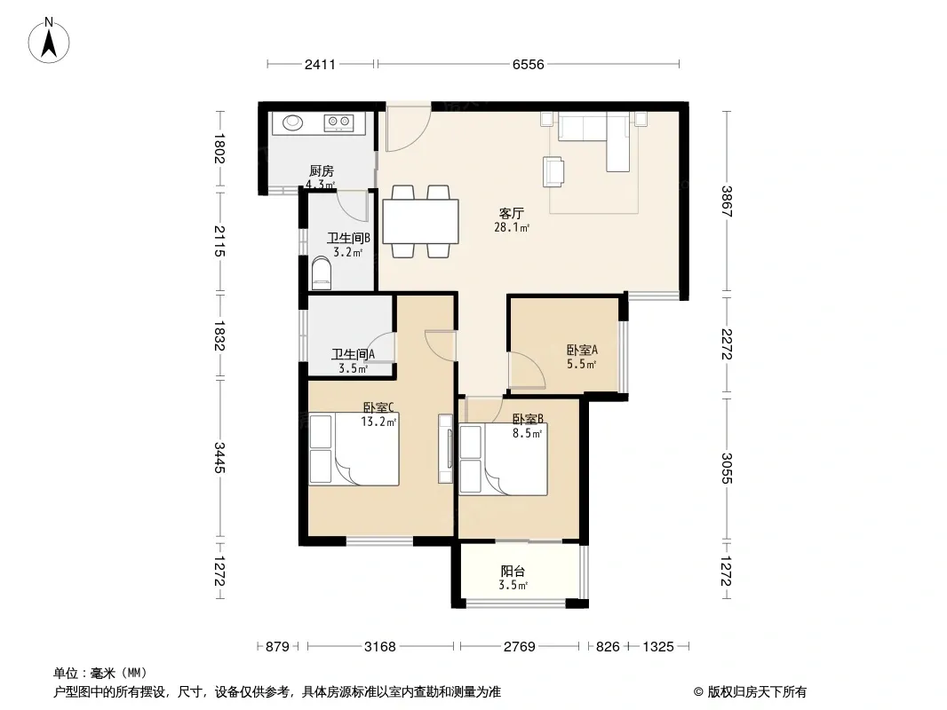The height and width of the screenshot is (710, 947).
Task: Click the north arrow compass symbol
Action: coord(49,41)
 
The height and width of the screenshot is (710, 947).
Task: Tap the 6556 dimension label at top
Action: coord(528,64)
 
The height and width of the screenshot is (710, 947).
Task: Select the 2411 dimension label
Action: coord(320,64)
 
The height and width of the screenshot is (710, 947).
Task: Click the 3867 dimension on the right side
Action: coord(726,201)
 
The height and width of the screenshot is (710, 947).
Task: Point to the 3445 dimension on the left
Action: coord(219,458)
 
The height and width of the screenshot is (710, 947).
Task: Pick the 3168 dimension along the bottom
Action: coord(380,647)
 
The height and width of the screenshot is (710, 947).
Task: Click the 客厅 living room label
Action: coord(511,213)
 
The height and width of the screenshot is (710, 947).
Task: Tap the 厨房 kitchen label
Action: coord(322,171)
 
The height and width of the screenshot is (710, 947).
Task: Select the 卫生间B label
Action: coord(348,238)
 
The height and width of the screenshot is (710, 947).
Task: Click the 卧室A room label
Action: coord(582,350)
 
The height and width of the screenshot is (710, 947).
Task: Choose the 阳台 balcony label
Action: coord(513,571)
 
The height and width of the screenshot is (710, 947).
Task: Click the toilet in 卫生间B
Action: coord(322,273)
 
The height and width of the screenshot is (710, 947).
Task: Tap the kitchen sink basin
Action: coord(293,122)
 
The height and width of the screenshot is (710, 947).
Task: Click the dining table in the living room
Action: coord(420,221)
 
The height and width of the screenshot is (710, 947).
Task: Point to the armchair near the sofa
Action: coord(553,171)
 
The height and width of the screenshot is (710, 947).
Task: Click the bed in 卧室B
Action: coord(503,461)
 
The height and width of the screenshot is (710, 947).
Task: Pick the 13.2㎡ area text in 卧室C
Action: coord(378,422)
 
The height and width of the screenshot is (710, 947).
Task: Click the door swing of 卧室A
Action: coord(528,368)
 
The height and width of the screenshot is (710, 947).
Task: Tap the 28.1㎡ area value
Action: coord(512,227)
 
